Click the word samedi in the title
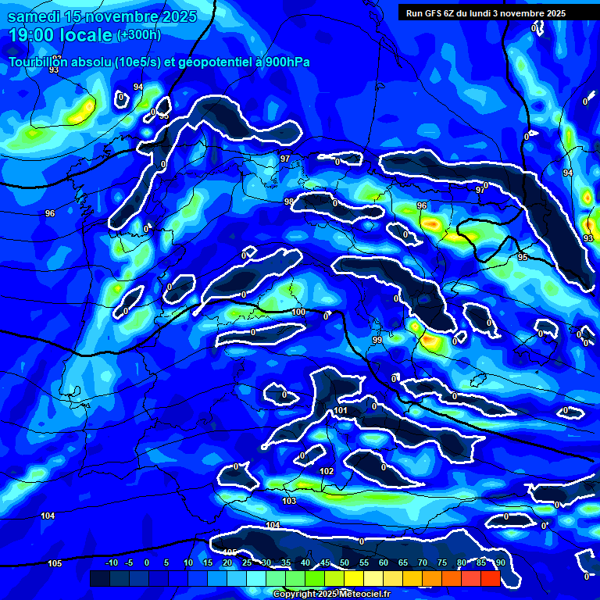point(34,16)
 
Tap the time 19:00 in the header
point(35,35)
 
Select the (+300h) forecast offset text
point(138,35)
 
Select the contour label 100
point(298,312)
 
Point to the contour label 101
point(340,411)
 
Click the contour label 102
point(327,471)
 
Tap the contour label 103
point(289,501)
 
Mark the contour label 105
point(54,563)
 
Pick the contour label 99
point(377,340)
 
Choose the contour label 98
point(289,202)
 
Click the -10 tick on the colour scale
point(111,562)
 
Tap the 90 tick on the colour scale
point(500,562)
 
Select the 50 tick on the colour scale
point(345,562)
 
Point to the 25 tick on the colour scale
point(247,562)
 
